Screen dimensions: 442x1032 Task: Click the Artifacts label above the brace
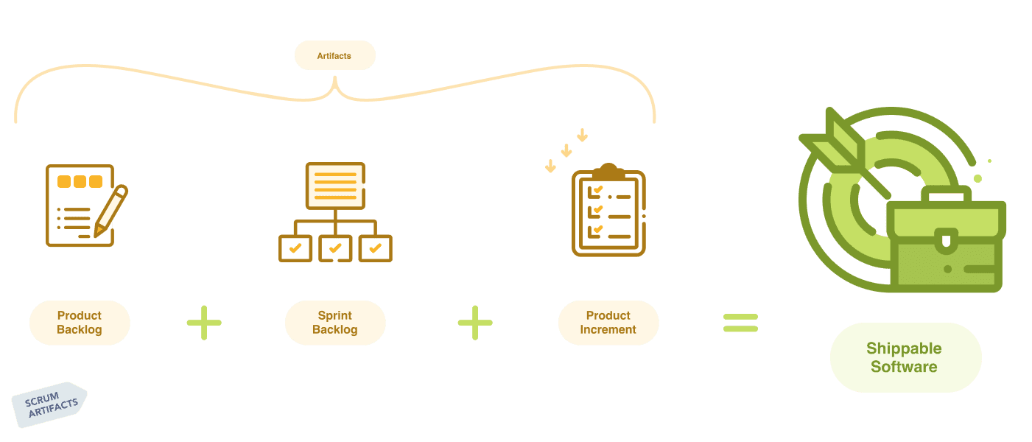click(334, 56)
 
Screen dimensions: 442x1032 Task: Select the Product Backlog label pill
click(80, 323)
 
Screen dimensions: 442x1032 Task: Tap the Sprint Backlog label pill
click(335, 323)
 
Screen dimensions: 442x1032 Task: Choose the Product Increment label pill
click(608, 323)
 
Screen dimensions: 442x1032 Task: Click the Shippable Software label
click(905, 357)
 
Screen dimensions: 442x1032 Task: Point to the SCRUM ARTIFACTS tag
click(50, 404)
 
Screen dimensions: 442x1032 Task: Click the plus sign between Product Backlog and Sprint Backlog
click(204, 323)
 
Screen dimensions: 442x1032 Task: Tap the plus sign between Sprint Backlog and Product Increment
click(475, 323)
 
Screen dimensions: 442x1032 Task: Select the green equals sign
click(740, 323)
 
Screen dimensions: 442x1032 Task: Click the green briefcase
click(947, 247)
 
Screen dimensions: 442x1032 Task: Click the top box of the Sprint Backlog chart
click(335, 185)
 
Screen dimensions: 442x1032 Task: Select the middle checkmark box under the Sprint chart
click(335, 248)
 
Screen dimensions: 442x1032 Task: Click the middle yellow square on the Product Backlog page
click(80, 181)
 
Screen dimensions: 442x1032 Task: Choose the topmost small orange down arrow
click(582, 136)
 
